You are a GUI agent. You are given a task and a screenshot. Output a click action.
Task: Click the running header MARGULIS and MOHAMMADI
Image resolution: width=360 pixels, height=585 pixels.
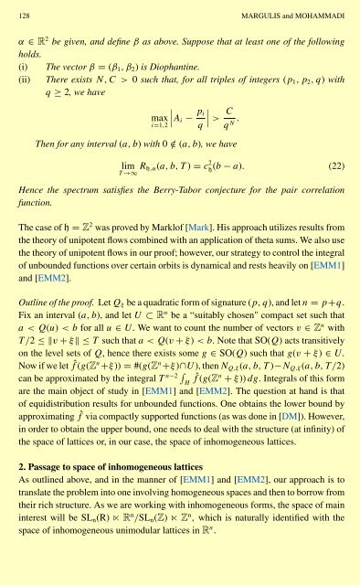[x=284, y=11]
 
